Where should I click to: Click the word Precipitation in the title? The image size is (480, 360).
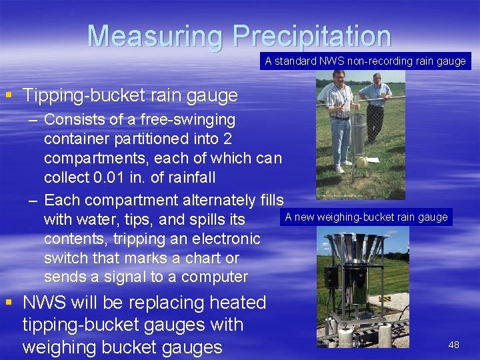point(311,36)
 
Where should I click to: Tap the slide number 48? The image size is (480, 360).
point(453,345)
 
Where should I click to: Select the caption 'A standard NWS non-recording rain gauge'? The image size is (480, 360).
point(365,61)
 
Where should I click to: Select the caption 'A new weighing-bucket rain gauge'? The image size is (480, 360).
point(366,217)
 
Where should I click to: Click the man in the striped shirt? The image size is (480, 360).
point(339,120)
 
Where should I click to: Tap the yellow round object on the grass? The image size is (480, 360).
point(362,162)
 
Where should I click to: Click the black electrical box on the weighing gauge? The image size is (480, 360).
point(332,281)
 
